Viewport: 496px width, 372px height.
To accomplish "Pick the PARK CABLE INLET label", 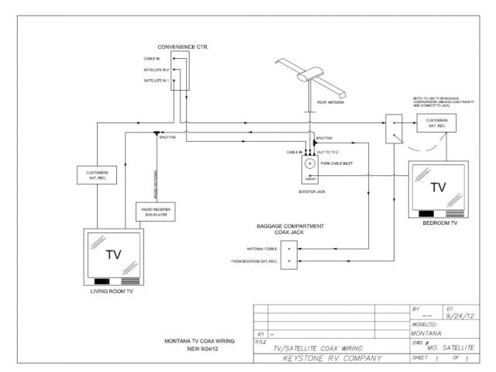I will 337,164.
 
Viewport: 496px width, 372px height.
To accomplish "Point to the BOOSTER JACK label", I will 312,190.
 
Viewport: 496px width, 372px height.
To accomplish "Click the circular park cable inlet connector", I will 311,164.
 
